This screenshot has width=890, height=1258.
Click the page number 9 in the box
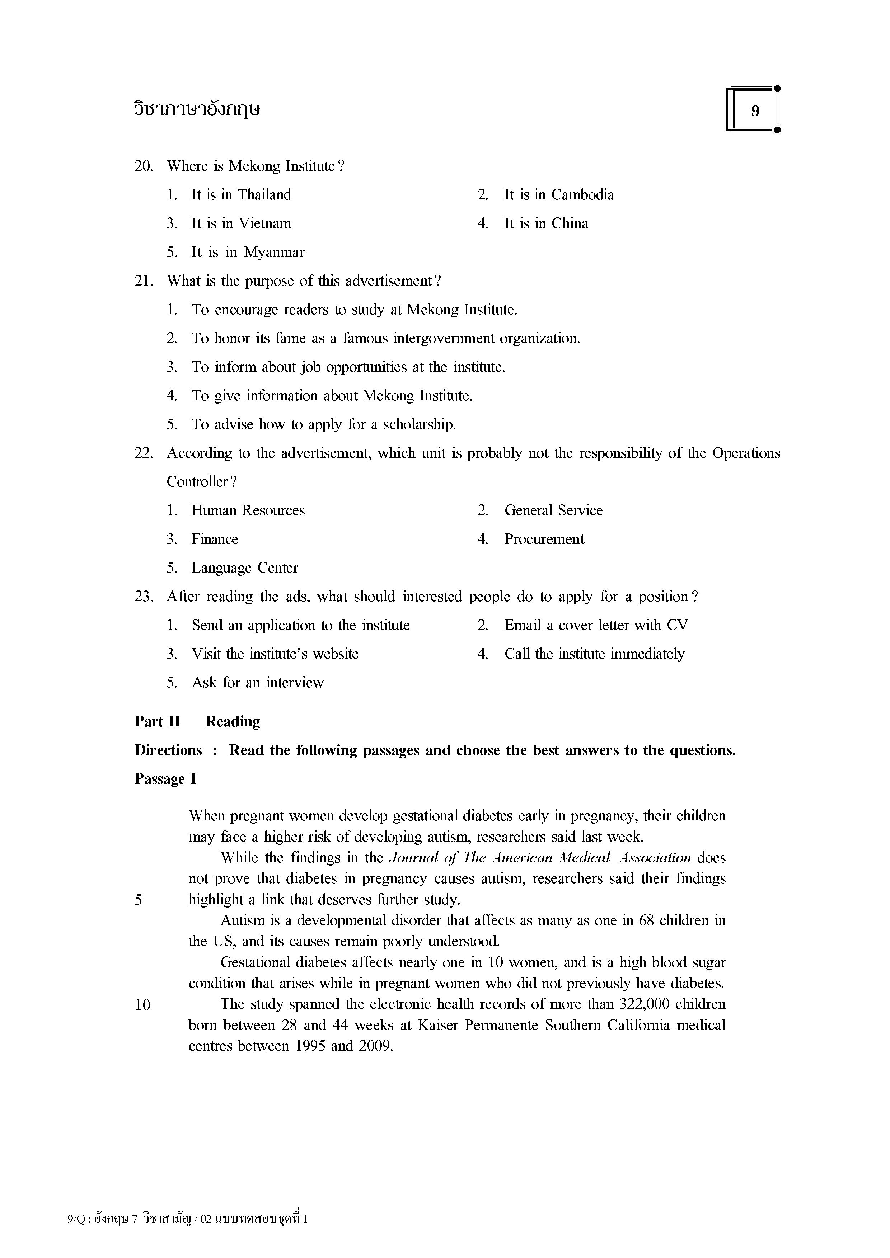click(x=755, y=111)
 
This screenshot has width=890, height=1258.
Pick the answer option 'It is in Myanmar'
click(x=247, y=253)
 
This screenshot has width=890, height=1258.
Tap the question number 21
click(x=143, y=281)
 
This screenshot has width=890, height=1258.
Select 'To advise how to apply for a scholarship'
click(x=323, y=425)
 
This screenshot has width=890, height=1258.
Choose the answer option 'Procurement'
click(x=544, y=539)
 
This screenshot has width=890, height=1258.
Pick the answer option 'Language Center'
click(x=244, y=568)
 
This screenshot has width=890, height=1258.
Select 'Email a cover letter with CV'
click(x=596, y=625)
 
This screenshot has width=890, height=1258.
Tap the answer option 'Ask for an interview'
click(x=258, y=683)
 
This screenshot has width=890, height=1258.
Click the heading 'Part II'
click(x=157, y=722)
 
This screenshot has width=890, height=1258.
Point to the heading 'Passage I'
click(x=165, y=779)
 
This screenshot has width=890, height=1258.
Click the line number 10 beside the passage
click(x=142, y=1005)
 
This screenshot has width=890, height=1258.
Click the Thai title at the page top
click(x=197, y=109)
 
